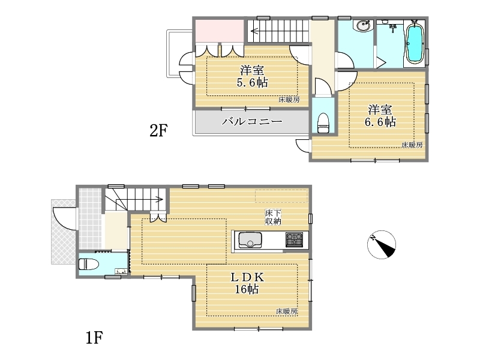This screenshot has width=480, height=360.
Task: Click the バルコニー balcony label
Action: coord(251,122)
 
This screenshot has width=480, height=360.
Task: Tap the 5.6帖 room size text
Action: coord(252,82)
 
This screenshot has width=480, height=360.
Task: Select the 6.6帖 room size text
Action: coord(380,122)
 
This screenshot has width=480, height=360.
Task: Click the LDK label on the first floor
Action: coord(247,277)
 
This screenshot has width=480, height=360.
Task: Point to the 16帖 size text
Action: coord(247,289)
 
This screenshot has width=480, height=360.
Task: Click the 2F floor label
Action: coord(158,131)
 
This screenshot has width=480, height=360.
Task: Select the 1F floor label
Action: coord(94,338)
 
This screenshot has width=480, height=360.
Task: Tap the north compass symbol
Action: coord(382,244)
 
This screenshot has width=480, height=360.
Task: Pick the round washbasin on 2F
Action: coord(362,25)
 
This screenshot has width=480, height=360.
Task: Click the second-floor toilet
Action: coord(323,123)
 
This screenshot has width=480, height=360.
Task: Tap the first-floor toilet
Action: coord(88,264)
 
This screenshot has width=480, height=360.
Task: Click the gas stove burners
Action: coord(294,239)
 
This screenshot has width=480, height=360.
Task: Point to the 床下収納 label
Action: coord(273,217)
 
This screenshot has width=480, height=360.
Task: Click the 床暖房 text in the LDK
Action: coord(287,311)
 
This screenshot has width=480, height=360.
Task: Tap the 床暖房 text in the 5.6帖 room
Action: coord(289,99)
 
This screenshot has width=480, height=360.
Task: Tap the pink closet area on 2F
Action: coord(220,31)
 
